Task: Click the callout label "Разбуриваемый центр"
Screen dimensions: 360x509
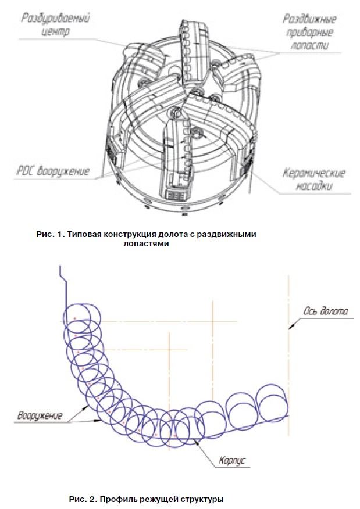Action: pos(56,24)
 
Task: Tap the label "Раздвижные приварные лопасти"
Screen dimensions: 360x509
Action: pos(309,32)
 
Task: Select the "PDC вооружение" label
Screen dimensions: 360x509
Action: pos(54,171)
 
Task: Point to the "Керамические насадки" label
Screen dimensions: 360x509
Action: pos(314,179)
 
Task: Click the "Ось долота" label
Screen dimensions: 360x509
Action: pos(326,311)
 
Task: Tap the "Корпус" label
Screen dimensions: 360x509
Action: pos(232,461)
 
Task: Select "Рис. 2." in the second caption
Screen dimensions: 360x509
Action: pos(83,499)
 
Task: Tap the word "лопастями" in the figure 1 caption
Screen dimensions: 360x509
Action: pos(146,244)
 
